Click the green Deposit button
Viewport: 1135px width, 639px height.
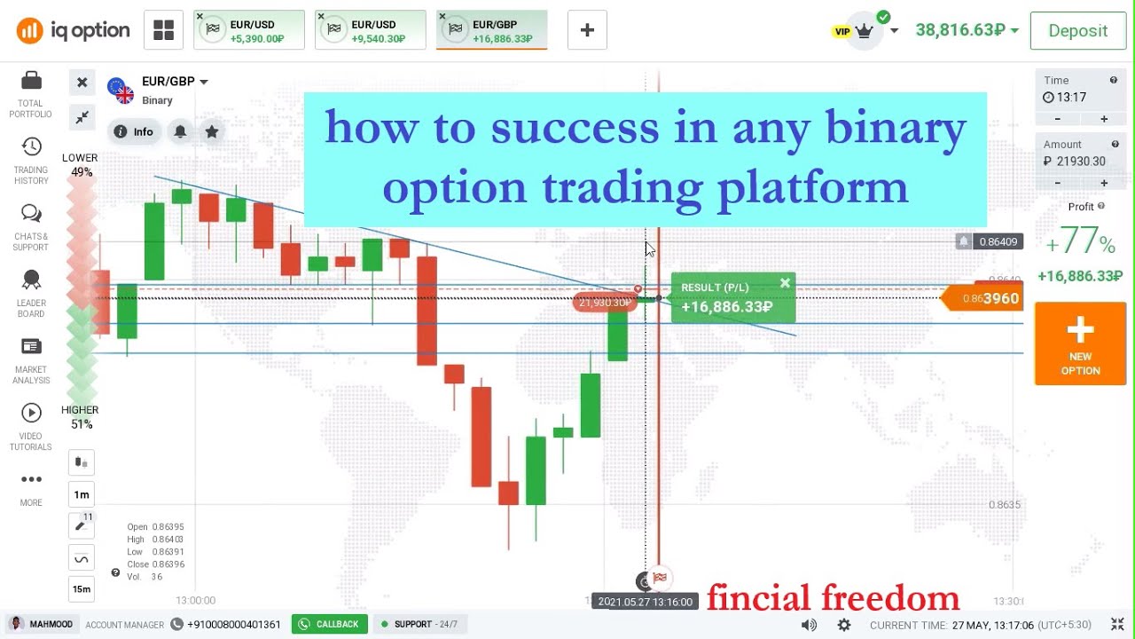click(1077, 31)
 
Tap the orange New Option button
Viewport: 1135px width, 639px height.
click(1080, 343)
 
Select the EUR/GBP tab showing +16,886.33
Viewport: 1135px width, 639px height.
click(491, 30)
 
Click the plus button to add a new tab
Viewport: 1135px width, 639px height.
click(587, 30)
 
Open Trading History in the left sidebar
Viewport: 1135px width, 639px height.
click(31, 161)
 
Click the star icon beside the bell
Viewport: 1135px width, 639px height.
click(212, 131)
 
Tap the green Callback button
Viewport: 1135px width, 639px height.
click(329, 624)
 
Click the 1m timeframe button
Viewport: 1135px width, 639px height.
click(82, 494)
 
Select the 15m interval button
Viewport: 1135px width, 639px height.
click(82, 588)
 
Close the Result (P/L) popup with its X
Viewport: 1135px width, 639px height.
click(785, 284)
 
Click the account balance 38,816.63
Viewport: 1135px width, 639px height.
click(960, 30)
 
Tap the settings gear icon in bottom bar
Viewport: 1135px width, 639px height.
click(844, 625)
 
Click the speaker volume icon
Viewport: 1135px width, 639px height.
click(809, 625)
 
